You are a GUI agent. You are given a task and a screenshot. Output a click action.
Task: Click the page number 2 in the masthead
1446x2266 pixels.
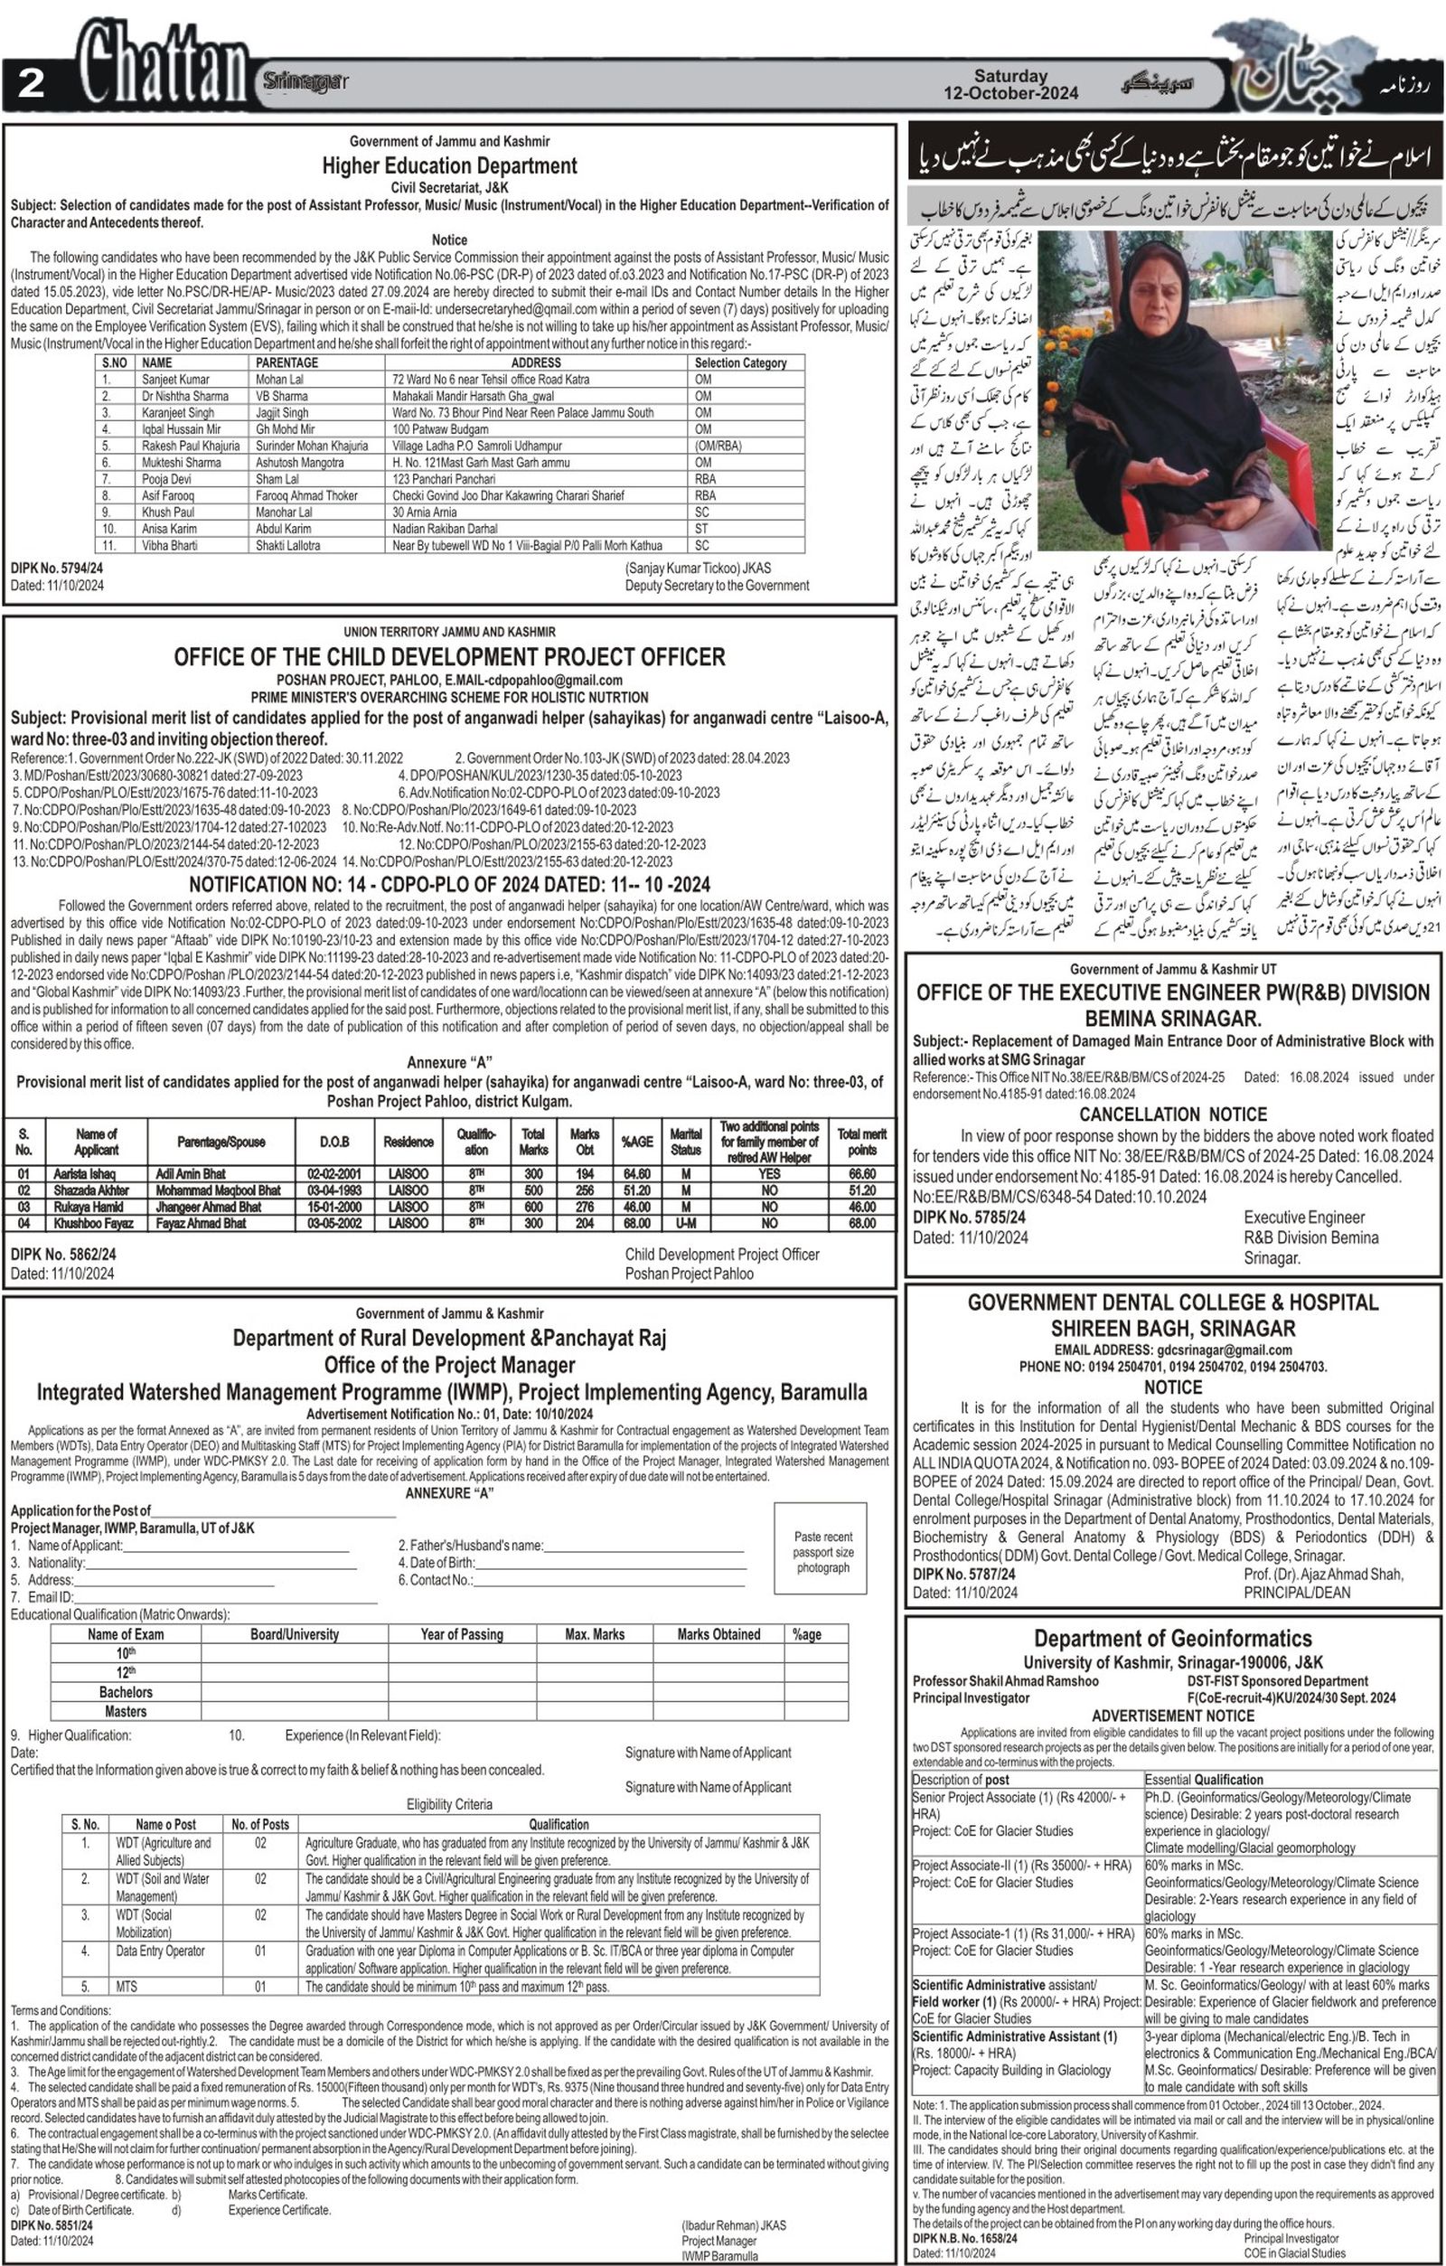31,84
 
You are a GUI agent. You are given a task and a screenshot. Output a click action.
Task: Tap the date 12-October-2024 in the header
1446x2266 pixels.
1010,93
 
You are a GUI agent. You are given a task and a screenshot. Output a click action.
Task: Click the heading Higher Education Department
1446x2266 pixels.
449,165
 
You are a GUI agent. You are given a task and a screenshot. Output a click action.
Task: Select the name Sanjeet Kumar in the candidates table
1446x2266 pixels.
176,380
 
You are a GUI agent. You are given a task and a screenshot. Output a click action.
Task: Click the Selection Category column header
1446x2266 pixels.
740,362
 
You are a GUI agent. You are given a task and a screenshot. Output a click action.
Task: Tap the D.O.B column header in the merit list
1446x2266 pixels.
335,1142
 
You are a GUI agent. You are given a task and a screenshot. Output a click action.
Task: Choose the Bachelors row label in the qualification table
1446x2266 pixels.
125,1691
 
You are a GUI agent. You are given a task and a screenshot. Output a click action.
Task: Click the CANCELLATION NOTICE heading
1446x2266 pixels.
1172,1114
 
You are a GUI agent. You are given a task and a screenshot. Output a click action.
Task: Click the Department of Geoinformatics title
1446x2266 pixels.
1172,1639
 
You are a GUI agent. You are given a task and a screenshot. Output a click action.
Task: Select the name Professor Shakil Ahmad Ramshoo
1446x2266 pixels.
1005,1680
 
